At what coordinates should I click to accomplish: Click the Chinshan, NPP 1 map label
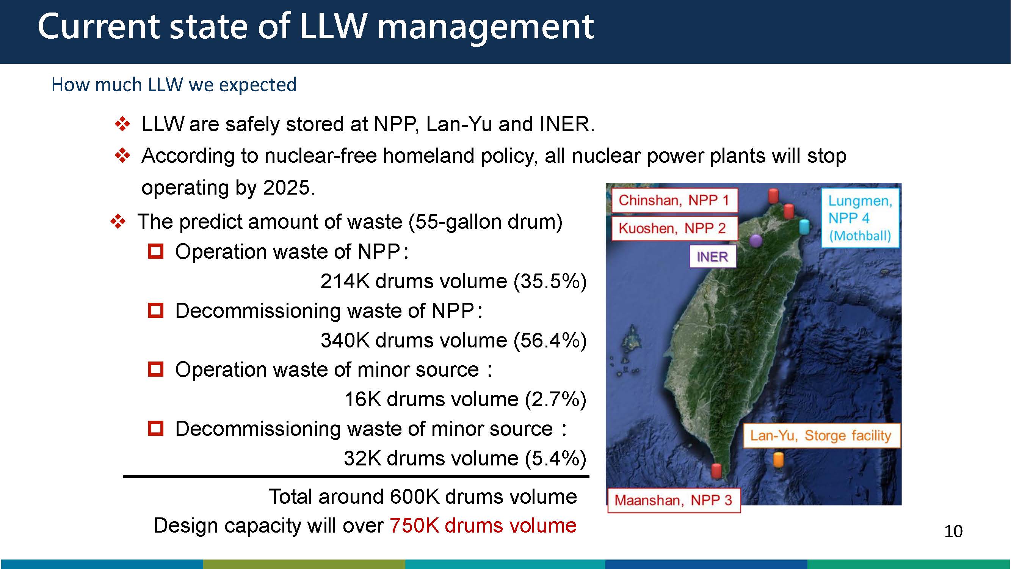674,200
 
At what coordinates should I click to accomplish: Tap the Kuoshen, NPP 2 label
674,228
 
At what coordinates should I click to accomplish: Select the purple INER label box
712,257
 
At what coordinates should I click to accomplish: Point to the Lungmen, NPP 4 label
860,218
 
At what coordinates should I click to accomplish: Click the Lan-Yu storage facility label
821,435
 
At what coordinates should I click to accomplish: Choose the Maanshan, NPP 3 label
674,500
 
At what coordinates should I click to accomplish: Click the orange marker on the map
778,460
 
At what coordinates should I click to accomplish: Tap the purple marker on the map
756,240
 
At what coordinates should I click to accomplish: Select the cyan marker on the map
804,227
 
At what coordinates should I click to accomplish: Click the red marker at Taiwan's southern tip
716,471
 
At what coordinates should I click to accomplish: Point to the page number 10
953,531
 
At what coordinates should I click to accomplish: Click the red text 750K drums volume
483,525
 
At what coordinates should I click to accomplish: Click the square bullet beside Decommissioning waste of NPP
156,310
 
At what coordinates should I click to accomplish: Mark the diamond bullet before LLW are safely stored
122,124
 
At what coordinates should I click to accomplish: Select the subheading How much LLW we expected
174,85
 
